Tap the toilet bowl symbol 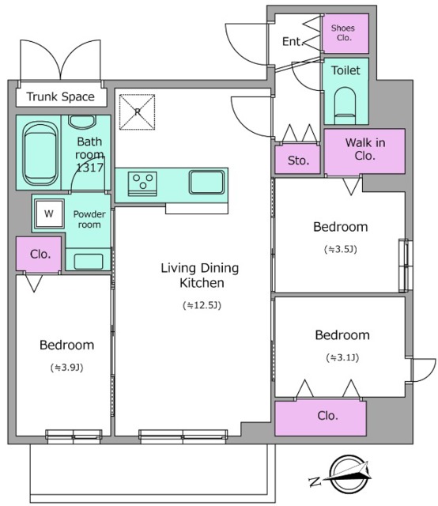point(345,105)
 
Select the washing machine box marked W point(49,213)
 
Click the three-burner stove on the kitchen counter point(142,184)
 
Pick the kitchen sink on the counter point(206,182)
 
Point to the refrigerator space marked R point(138,112)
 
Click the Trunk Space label point(60,96)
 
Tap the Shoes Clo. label point(343,33)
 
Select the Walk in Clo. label point(365,149)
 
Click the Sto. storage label point(298,160)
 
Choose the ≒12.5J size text point(202,305)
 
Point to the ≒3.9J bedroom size point(67,367)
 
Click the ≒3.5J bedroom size point(341,249)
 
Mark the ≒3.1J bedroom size point(342,357)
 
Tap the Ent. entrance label point(293,41)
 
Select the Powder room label point(89,220)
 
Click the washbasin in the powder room point(88,261)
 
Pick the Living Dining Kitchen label point(200,275)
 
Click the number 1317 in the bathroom point(89,168)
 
